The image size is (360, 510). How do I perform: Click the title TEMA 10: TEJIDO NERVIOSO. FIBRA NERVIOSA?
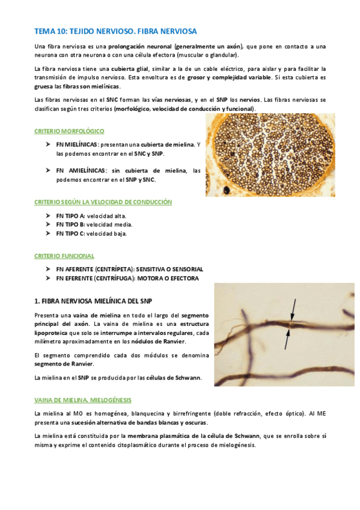(x=115, y=30)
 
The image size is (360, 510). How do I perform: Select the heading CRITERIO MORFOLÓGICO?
(x=69, y=131)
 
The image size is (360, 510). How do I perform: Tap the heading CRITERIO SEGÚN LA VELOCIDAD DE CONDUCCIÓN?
(x=103, y=201)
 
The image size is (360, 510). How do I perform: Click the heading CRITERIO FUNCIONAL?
(x=65, y=256)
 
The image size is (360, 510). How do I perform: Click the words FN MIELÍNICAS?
(x=77, y=145)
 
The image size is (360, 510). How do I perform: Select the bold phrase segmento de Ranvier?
(x=64, y=364)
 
